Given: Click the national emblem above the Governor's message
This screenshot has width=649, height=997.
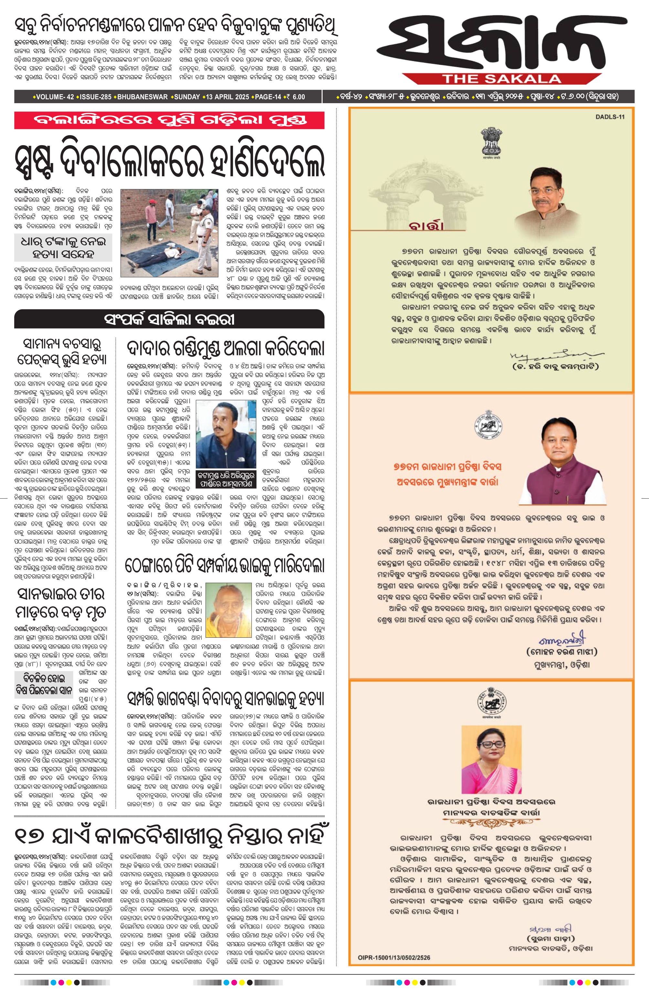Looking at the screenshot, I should [x=491, y=143].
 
